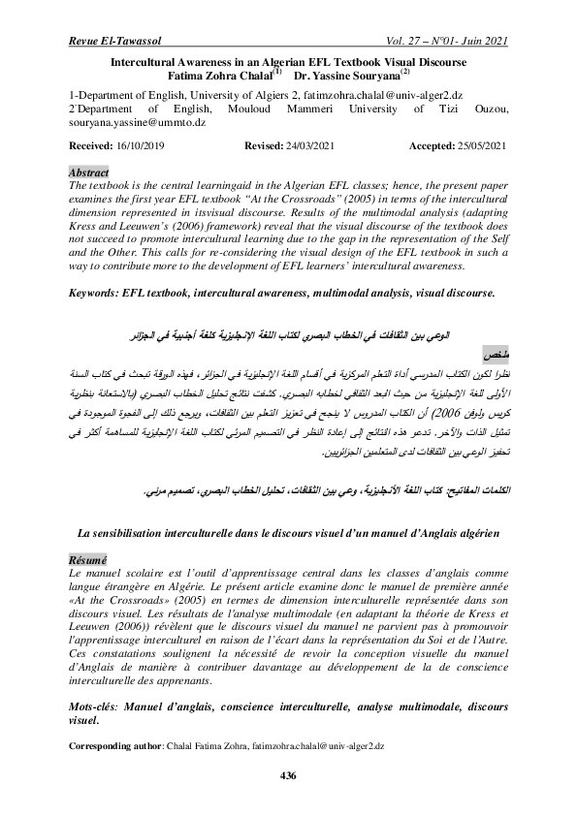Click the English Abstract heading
pos(90,171)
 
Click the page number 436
pos(287,774)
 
